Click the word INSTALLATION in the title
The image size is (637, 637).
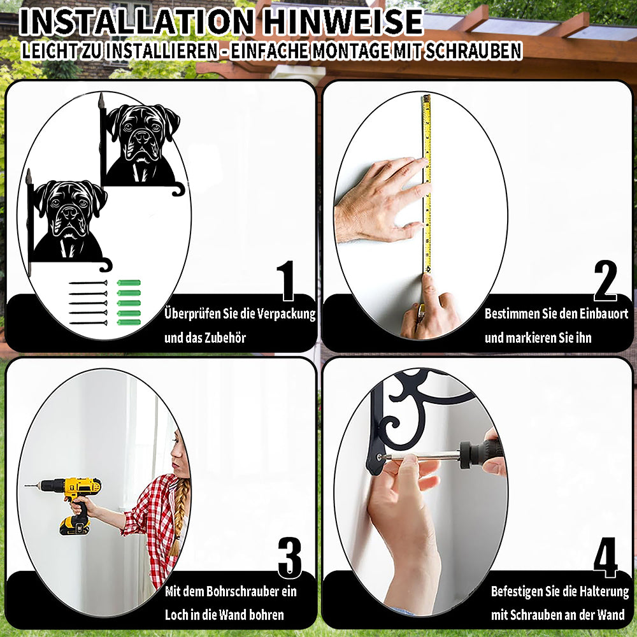137,22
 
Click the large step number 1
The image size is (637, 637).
286,280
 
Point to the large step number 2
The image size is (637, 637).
605,280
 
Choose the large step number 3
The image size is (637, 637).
290,557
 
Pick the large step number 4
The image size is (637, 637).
605,557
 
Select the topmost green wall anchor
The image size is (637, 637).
129,283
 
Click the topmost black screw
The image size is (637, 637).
88,283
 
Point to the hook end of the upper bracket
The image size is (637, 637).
179,189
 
